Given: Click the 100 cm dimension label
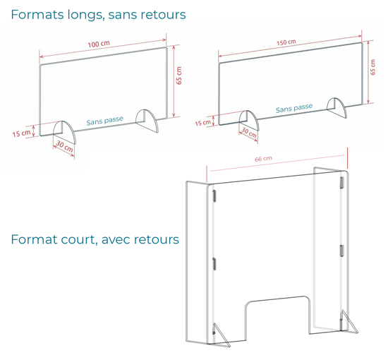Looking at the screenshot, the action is tap(99, 44).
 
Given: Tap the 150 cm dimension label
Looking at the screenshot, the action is tap(286, 42).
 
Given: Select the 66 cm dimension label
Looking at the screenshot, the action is tap(264, 158).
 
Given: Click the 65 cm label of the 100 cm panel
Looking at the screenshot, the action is tap(179, 76).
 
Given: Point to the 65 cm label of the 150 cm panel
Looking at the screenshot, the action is tap(372, 67).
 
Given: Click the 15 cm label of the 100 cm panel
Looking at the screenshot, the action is tap(22, 133).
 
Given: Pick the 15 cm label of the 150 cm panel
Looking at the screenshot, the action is tap(203, 123).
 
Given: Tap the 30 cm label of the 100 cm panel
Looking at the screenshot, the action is tap(65, 146).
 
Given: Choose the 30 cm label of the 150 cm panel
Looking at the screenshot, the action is tap(249, 133).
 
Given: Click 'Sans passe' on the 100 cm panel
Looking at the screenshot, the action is tap(104, 121).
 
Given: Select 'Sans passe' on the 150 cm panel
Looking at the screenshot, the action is tap(294, 108).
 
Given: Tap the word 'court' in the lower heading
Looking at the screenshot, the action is tap(78, 239).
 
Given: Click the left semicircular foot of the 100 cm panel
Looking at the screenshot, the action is tap(65, 132).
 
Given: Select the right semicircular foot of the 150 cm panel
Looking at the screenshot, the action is tap(337, 108).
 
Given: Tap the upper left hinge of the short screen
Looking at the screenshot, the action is tap(214, 196).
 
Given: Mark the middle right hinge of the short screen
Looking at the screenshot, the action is tap(341, 251).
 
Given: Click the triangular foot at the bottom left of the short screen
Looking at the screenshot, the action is tap(222, 335).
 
